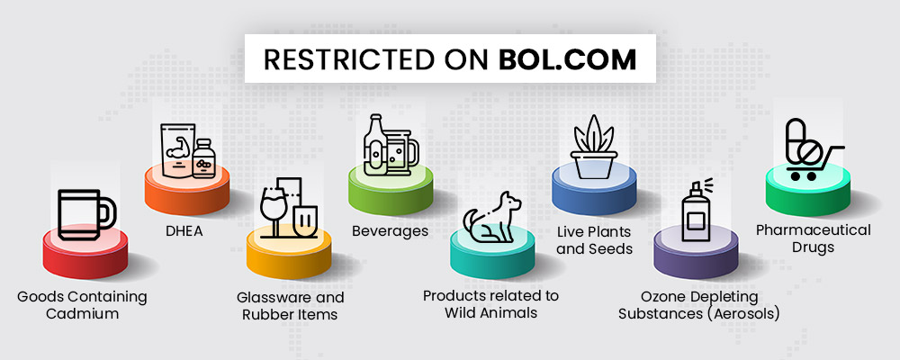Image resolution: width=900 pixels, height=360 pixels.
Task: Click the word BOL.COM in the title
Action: (x=567, y=59)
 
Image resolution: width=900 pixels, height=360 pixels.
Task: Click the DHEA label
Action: (x=183, y=231)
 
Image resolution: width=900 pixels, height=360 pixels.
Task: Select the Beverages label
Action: (x=391, y=230)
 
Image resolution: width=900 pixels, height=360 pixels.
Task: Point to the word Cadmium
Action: (x=82, y=314)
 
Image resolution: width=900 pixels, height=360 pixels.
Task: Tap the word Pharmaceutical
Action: (x=813, y=230)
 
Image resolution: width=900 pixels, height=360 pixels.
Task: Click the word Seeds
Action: (x=613, y=249)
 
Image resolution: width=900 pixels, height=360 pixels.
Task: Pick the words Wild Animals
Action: (x=490, y=313)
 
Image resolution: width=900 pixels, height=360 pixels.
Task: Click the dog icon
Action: (x=492, y=217)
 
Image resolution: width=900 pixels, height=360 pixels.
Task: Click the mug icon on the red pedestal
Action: (x=86, y=214)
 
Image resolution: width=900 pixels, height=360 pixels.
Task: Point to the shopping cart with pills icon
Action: (x=811, y=149)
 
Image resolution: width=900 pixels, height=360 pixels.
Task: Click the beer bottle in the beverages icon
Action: (x=373, y=144)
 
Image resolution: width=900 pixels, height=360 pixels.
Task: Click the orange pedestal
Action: (x=187, y=191)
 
